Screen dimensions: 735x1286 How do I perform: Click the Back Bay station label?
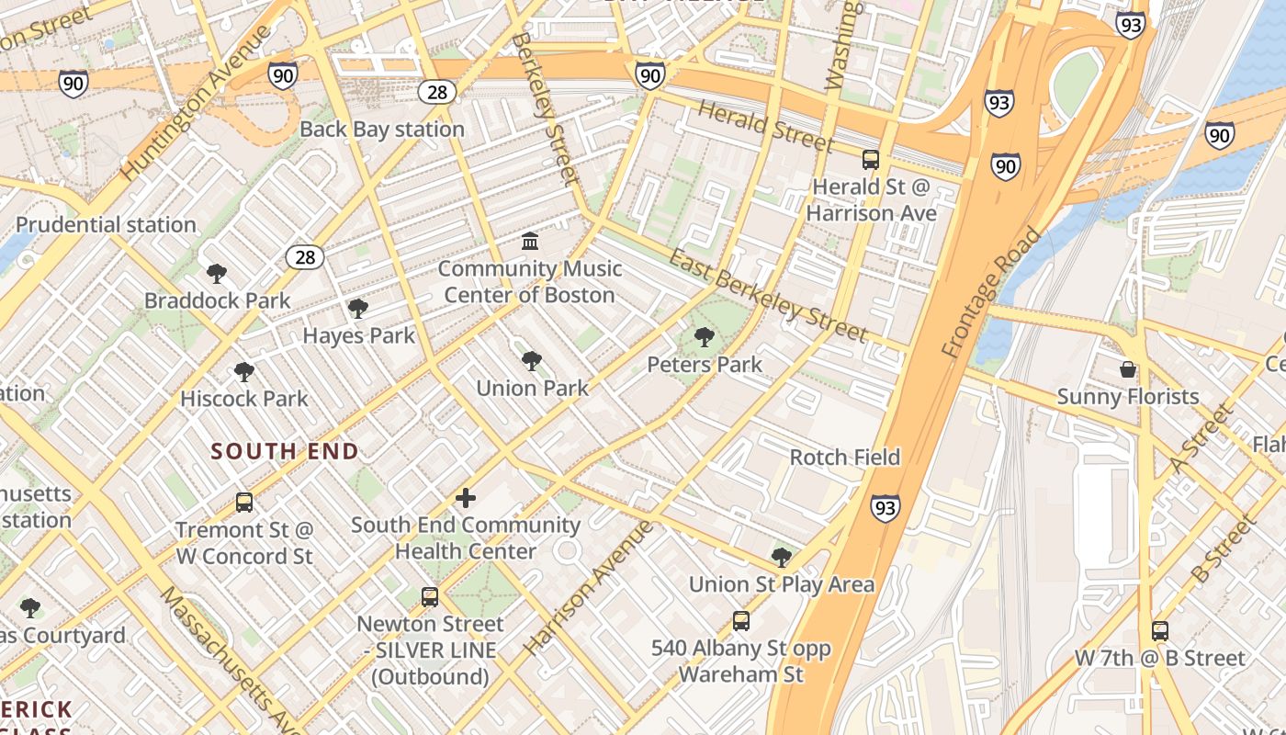382,129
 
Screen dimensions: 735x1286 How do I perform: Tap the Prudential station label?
106,224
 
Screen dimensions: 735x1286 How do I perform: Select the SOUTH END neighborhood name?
285,451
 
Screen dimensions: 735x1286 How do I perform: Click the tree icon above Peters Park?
705,337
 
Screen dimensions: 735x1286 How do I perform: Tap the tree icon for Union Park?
531,361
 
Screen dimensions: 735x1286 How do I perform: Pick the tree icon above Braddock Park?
217,274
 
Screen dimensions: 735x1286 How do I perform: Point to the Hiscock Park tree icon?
243,372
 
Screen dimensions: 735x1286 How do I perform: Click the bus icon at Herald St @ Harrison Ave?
871,160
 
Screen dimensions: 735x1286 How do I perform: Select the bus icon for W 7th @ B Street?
1160,631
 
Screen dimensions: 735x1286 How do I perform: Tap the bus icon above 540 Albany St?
741,621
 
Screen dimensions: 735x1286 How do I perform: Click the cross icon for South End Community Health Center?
466,498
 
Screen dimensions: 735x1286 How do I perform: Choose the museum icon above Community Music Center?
530,242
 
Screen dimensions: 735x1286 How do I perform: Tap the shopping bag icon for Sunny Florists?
1128,369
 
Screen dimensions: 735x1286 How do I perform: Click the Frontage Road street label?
992,292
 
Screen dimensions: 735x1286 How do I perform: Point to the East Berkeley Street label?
768,295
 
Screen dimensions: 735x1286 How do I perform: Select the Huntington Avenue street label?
197,102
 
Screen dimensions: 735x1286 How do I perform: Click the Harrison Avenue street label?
589,588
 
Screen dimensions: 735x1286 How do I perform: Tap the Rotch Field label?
845,457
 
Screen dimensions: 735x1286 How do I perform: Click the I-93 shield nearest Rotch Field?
886,507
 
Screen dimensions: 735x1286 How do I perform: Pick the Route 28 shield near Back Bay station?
437,91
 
